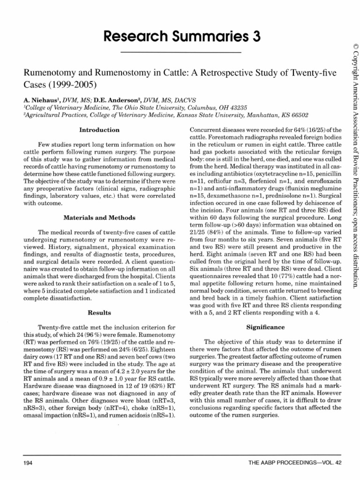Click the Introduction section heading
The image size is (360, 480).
tap(99, 130)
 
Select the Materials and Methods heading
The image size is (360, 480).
tap(99, 217)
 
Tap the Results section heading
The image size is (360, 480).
tap(99, 312)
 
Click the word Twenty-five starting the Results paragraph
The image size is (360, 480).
tap(56, 327)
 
